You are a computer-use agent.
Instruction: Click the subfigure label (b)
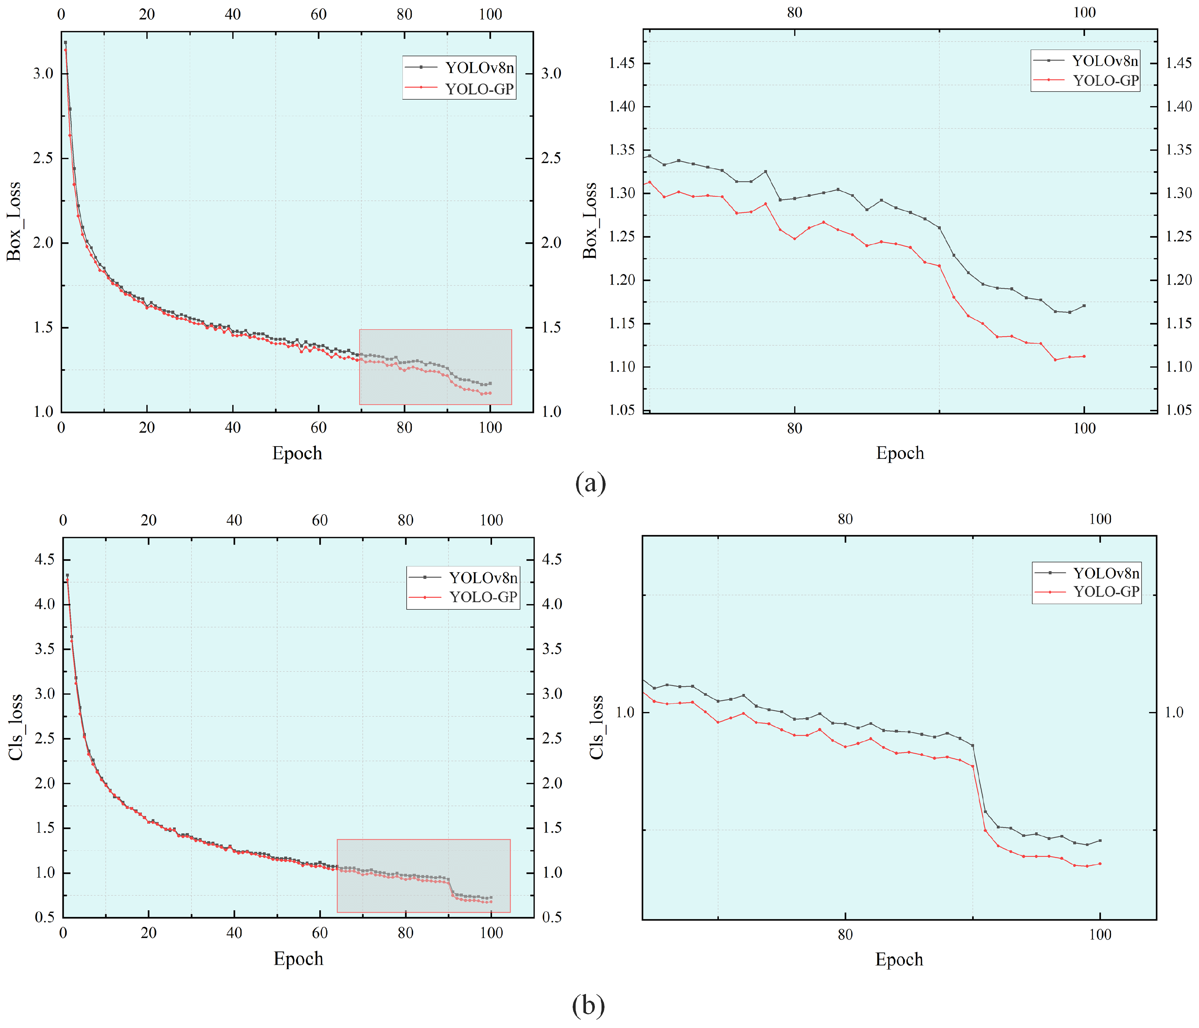click(x=589, y=1005)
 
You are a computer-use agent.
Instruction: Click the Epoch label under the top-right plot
click(x=900, y=453)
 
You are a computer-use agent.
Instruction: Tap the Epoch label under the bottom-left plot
click(x=298, y=958)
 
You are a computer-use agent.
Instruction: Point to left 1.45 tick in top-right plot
click(x=622, y=63)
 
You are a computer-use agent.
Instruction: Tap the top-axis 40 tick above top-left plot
click(x=233, y=14)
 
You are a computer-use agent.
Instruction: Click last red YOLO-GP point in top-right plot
click(x=1084, y=356)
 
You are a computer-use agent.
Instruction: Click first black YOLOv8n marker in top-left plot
click(x=65, y=42)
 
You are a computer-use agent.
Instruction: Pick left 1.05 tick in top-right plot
click(x=622, y=409)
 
